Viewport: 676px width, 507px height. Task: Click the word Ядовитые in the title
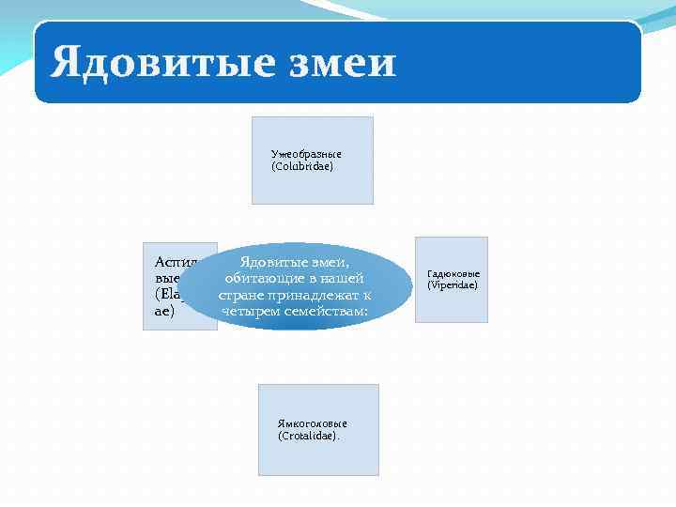tap(150, 64)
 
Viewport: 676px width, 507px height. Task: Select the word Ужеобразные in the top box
tap(306, 153)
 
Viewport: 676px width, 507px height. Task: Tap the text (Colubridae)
tap(302, 166)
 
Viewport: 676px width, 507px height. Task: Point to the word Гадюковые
tap(453, 273)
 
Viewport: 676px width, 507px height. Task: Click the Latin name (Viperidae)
tap(453, 284)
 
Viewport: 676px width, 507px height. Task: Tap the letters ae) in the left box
tap(164, 311)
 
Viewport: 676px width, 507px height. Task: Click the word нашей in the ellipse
tap(342, 278)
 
